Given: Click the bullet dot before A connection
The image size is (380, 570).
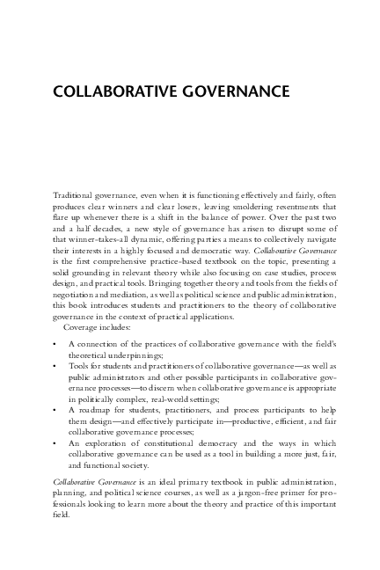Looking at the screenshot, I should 55,342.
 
